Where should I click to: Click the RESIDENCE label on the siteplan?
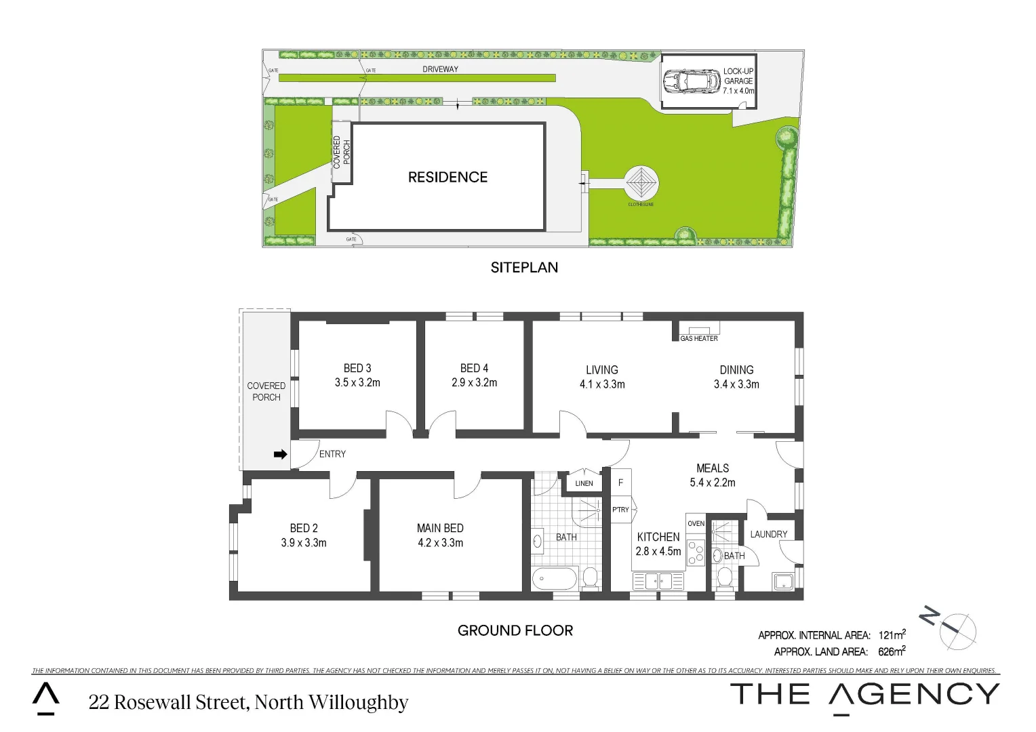tap(447, 178)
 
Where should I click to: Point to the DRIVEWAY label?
tap(440, 69)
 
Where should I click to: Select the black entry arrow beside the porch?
tap(280, 454)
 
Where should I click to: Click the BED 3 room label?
tap(357, 368)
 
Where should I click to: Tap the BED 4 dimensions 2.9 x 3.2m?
tap(474, 383)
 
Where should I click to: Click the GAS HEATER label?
tap(698, 338)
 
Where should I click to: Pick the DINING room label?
tap(736, 370)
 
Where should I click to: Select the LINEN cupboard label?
tap(584, 483)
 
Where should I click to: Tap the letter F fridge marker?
tap(620, 483)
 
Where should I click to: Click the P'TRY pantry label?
tap(620, 510)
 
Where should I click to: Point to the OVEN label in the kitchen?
tap(696, 524)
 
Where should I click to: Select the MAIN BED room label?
tap(440, 528)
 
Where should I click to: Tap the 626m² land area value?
tap(891, 651)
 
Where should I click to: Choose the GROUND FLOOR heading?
tap(515, 631)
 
